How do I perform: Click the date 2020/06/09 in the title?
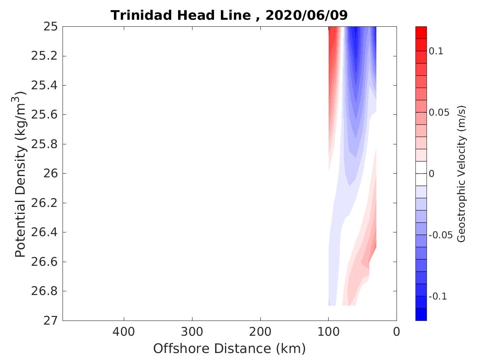pos(307,15)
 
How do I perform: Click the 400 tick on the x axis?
pos(124,331)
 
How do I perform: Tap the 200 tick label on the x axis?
pos(260,331)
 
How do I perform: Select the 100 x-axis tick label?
pos(328,331)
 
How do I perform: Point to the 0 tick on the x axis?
pos(397,331)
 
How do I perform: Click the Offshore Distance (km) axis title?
pos(230,349)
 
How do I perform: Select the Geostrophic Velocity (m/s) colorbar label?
pos(461,174)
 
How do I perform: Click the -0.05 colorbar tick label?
pos(441,235)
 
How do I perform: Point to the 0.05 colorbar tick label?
pos(439,112)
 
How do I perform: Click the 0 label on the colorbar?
pos(431,174)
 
